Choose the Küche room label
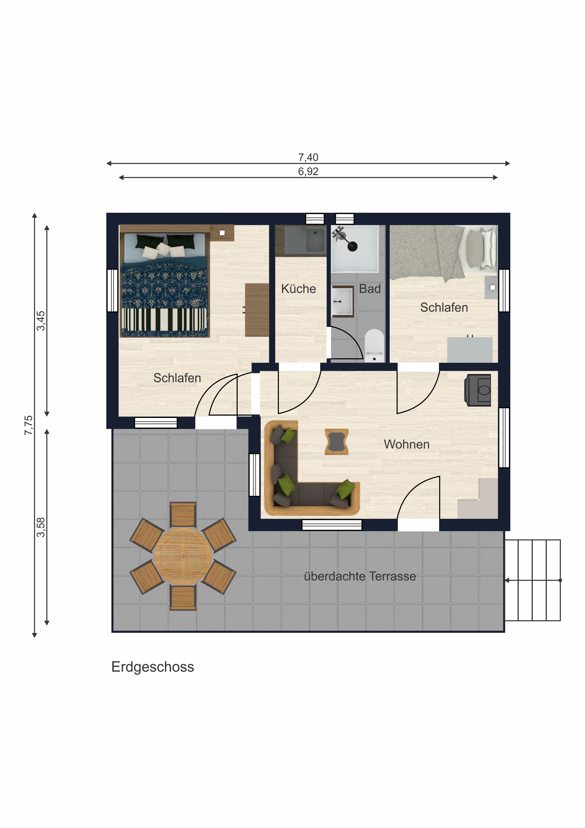tap(298, 288)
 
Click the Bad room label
tap(370, 288)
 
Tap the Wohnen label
tap(407, 444)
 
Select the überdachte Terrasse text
tap(360, 576)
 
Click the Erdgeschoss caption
tap(153, 667)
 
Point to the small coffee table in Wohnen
tap(336, 442)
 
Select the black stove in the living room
tap(478, 390)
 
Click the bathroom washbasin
tap(342, 302)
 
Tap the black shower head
tap(352, 246)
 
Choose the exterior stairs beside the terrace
tap(533, 580)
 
